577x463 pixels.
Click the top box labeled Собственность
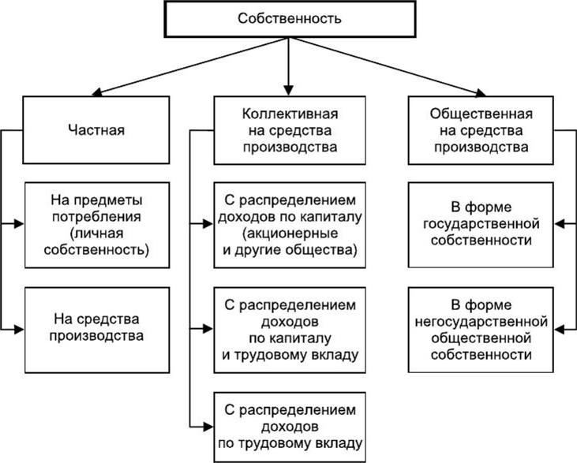(x=290, y=19)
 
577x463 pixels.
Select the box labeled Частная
(x=96, y=130)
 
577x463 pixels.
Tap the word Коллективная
(x=290, y=114)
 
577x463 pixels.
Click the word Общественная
(x=481, y=114)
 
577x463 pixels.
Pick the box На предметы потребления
(x=97, y=225)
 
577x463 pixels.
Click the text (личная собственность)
(x=97, y=241)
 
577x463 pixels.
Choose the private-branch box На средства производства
(x=97, y=330)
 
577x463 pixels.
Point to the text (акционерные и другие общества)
(x=290, y=241)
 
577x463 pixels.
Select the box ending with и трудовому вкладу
(x=290, y=330)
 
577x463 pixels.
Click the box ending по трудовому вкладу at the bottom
(x=290, y=427)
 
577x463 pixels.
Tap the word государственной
(x=481, y=223)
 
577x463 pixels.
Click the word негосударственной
(x=481, y=322)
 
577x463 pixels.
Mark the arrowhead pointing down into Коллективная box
(x=289, y=91)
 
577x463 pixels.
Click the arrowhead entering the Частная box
(x=97, y=92)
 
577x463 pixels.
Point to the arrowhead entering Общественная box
(x=480, y=93)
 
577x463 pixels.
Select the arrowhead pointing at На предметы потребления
(x=19, y=223)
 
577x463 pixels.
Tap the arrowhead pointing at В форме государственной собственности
(x=560, y=223)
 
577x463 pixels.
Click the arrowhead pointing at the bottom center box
(x=208, y=427)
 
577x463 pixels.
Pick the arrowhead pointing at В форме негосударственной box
(x=560, y=330)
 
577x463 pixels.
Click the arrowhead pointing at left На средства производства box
(x=19, y=330)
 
